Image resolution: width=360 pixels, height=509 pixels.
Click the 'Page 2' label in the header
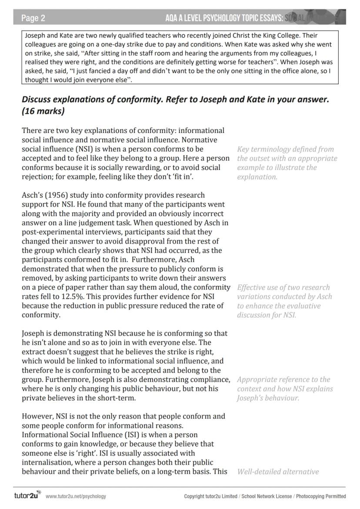33,18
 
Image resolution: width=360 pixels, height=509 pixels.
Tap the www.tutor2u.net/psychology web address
76,496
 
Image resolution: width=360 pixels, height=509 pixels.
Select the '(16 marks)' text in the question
43,111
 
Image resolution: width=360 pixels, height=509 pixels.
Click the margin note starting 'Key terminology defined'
287,163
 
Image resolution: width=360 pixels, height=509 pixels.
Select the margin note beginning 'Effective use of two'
284,301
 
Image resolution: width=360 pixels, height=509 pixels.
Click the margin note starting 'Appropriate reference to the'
285,389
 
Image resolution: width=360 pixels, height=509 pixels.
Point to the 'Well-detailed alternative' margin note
278,472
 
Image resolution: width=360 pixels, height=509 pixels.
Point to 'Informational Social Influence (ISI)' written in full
81,435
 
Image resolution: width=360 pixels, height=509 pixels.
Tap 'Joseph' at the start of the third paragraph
34,334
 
